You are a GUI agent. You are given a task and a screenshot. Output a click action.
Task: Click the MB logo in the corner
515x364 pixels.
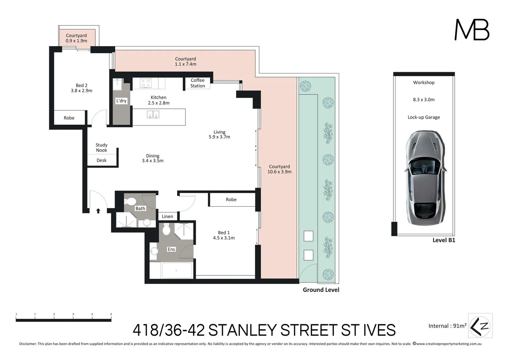pyautogui.click(x=472, y=30)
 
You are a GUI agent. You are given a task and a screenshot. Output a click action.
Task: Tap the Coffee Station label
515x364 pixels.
pyautogui.click(x=198, y=83)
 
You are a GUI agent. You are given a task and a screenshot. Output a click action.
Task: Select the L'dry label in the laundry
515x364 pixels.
pyautogui.click(x=121, y=100)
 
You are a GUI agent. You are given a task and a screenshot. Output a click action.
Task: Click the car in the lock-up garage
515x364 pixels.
pyautogui.click(x=425, y=179)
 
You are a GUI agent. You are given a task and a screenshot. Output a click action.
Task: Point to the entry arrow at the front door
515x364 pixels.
pyautogui.click(x=98, y=211)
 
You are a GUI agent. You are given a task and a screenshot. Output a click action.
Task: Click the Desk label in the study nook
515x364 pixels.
pyautogui.click(x=101, y=160)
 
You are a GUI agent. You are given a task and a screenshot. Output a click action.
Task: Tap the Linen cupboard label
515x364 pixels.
pyautogui.click(x=168, y=216)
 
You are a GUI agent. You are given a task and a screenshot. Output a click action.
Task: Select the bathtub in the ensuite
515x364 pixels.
pyautogui.click(x=177, y=270)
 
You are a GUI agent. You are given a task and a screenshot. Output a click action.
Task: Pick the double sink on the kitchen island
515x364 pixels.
pyautogui.click(x=153, y=115)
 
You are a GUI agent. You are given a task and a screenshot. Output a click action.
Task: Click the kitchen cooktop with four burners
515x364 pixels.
pyautogui.click(x=146, y=83)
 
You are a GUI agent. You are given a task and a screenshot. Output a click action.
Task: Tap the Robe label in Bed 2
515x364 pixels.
pyautogui.click(x=69, y=118)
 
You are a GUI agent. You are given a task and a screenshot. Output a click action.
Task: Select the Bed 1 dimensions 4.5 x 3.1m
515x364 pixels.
pyautogui.click(x=224, y=238)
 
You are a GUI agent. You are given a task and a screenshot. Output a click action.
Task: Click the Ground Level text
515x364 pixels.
pyautogui.click(x=321, y=290)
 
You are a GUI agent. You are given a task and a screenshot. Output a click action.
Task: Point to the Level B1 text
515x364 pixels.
pyautogui.click(x=444, y=240)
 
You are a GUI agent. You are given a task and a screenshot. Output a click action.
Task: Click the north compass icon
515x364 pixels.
pyautogui.click(x=480, y=326)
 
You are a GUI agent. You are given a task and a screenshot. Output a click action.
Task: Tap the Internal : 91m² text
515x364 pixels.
pyautogui.click(x=447, y=326)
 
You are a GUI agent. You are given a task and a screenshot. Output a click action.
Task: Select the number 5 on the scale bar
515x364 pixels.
pyautogui.click(x=111, y=314)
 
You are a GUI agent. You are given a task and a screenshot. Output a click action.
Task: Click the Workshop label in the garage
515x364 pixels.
pyautogui.click(x=424, y=83)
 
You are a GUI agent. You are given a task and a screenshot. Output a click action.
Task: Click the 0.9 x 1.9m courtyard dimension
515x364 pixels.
pyautogui.click(x=77, y=41)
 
